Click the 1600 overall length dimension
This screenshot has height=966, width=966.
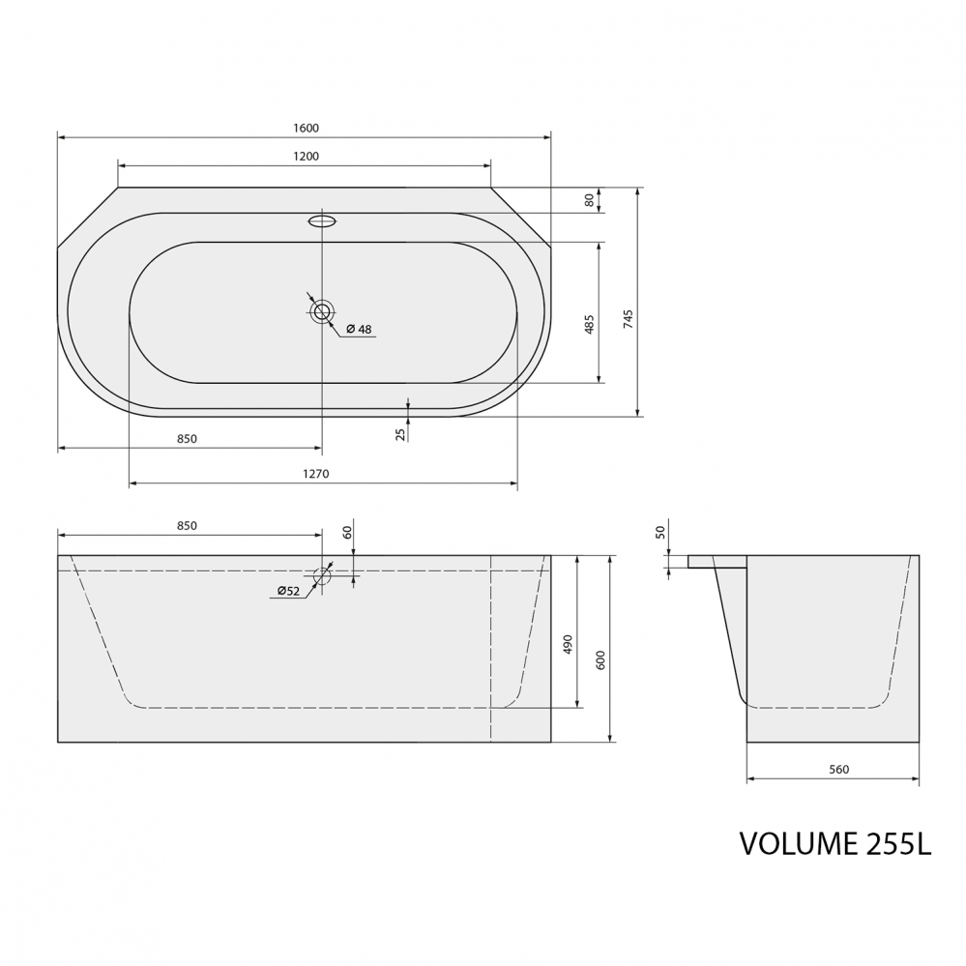point(307,129)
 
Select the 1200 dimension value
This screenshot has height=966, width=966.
point(307,156)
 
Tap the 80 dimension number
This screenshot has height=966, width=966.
point(590,200)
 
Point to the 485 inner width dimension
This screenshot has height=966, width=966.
point(590,324)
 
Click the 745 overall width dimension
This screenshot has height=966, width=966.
point(628,319)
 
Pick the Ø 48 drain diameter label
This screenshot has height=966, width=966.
point(359,330)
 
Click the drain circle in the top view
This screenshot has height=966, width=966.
point(322,311)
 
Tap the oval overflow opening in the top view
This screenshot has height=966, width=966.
point(322,220)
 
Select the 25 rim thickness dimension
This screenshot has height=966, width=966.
point(401,434)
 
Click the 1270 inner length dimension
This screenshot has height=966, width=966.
point(316,474)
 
